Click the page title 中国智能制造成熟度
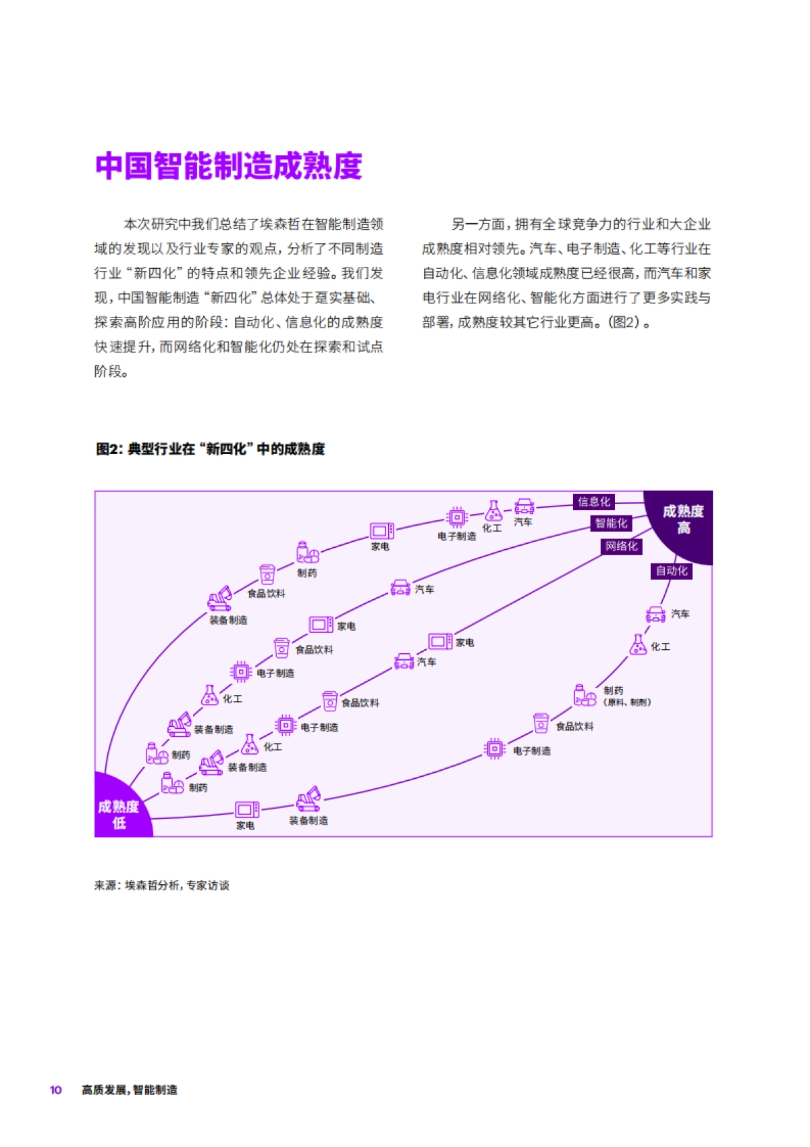click(229, 167)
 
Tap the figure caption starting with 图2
click(210, 449)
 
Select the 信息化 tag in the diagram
click(594, 502)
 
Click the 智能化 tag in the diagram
click(611, 524)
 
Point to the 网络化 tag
click(621, 546)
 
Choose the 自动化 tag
click(672, 571)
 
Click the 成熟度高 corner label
click(683, 519)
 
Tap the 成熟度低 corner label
click(119, 814)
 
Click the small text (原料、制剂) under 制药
click(627, 703)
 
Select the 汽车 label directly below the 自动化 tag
click(680, 614)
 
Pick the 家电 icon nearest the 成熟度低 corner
click(247, 809)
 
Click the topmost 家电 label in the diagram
click(380, 546)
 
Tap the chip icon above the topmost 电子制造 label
click(457, 517)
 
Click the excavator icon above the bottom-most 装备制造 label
click(309, 800)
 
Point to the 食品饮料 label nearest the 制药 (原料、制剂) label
click(574, 727)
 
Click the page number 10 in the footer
click(56, 1090)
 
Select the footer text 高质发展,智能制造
click(130, 1090)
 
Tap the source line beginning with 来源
click(162, 886)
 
